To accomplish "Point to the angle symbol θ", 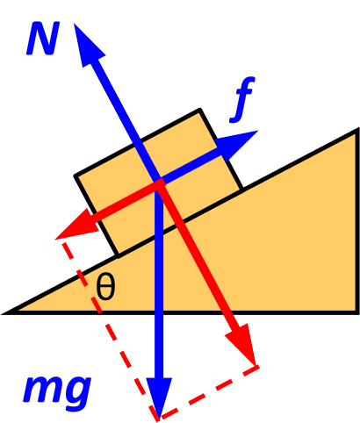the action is pyautogui.click(x=105, y=288).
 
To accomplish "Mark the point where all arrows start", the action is pyautogui.click(x=159, y=183).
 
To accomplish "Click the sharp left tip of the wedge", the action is pyautogui.click(x=9, y=312).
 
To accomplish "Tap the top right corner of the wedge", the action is pyautogui.click(x=356, y=131).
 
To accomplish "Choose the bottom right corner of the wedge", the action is pyautogui.click(x=356, y=312).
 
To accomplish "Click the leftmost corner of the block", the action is pyautogui.click(x=76, y=176).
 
